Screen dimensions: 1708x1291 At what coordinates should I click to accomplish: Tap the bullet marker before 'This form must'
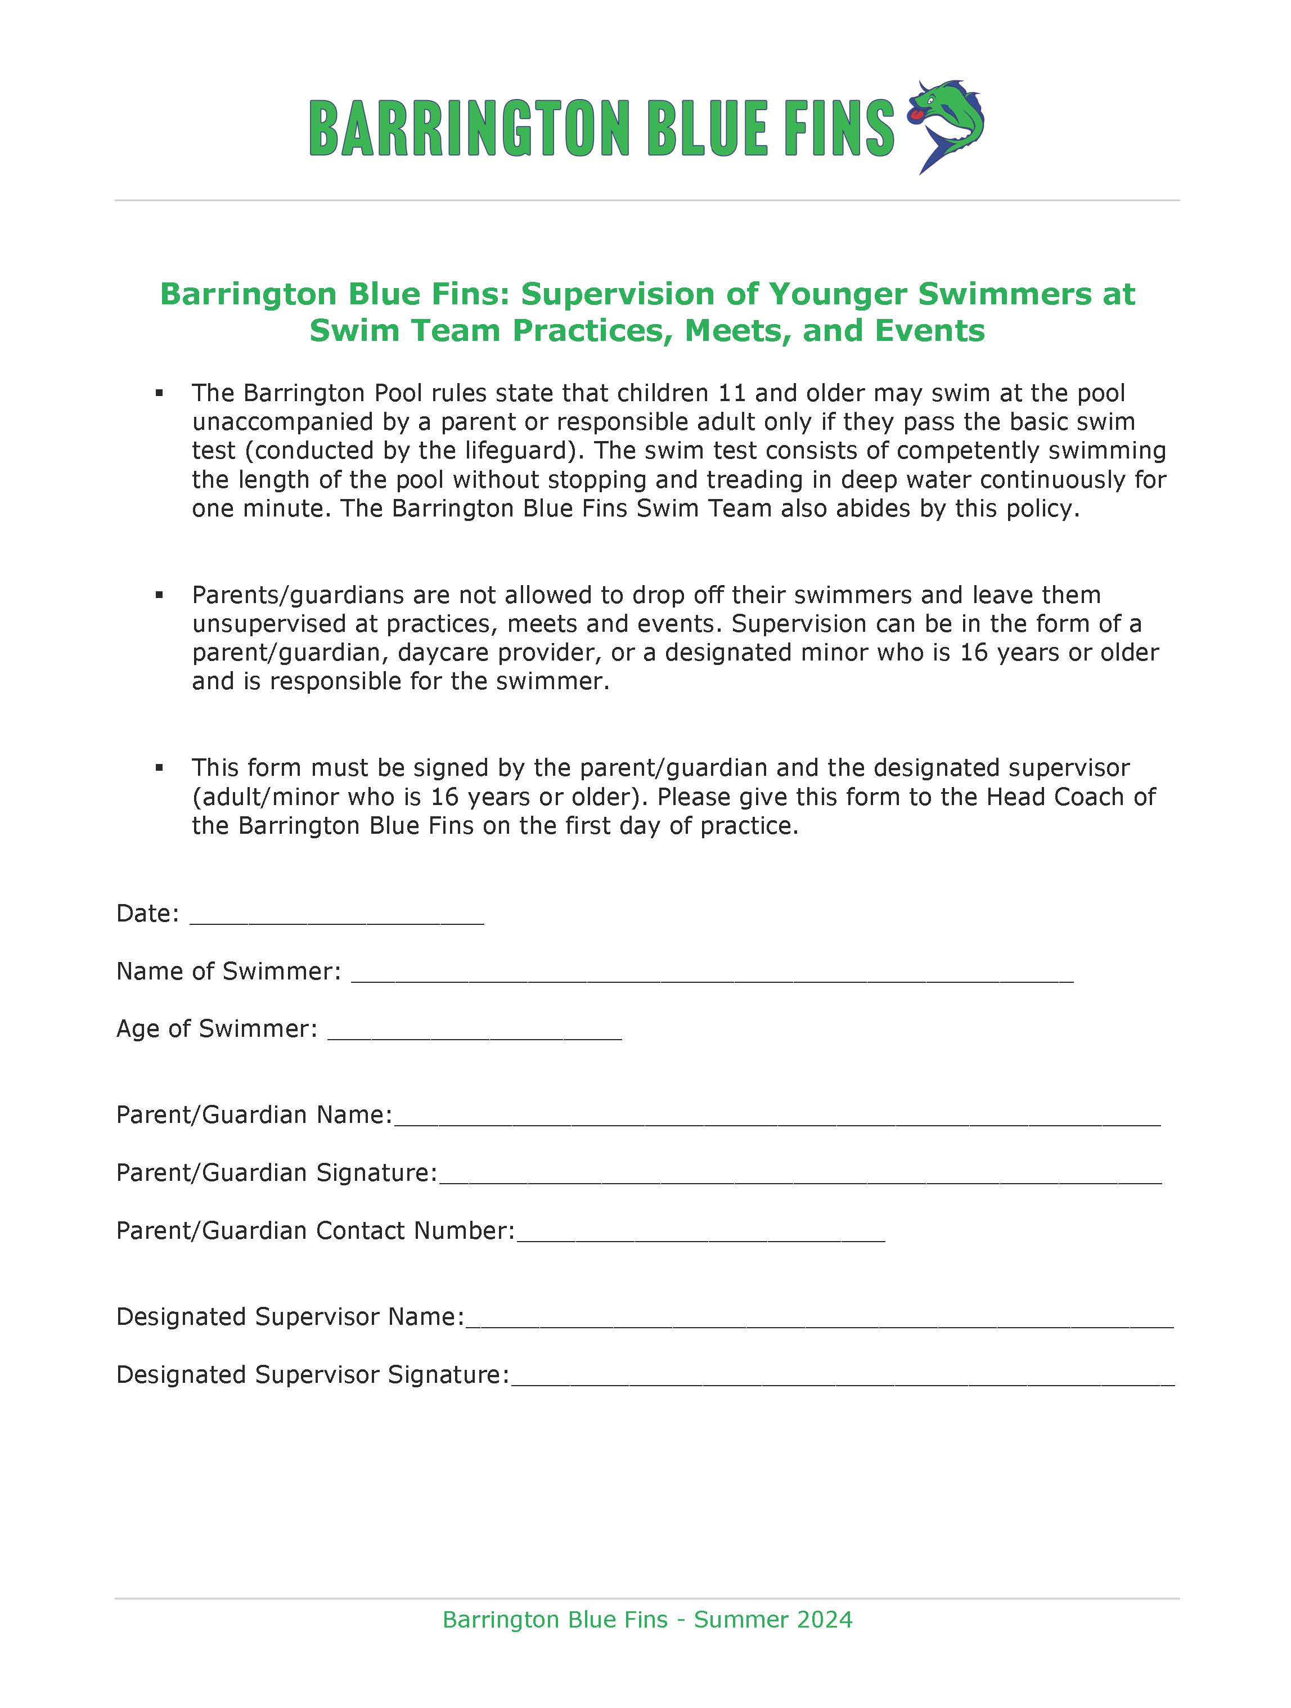coord(159,767)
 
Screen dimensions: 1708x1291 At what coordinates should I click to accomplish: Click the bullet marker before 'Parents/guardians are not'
coord(159,595)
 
